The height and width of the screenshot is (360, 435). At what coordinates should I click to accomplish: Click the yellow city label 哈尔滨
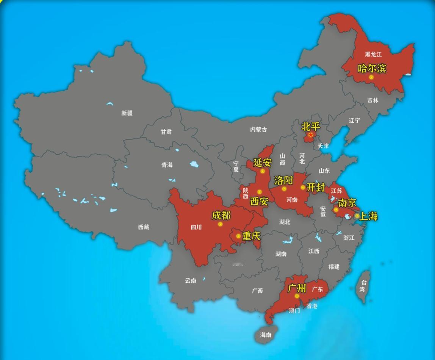click(x=372, y=68)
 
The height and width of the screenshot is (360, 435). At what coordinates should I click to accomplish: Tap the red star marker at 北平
click(x=311, y=135)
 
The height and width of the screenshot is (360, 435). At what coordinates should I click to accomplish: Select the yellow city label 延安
click(x=263, y=163)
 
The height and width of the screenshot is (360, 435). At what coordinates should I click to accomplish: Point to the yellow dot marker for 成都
click(x=220, y=224)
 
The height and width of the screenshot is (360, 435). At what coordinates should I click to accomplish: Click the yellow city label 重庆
click(x=251, y=236)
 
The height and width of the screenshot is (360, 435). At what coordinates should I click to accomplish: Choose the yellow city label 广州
click(x=297, y=288)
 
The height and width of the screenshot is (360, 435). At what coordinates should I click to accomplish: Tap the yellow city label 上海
click(x=368, y=216)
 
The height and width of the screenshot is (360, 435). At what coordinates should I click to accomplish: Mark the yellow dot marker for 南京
click(x=336, y=210)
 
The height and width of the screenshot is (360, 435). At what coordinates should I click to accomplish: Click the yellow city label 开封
click(x=315, y=187)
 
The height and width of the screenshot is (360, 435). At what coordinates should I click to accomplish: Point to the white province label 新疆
click(x=127, y=113)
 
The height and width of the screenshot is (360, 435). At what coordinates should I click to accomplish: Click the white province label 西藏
click(x=144, y=227)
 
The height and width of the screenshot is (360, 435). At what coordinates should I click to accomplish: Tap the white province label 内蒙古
click(x=258, y=130)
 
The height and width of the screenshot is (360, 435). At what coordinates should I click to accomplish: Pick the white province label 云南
click(x=191, y=281)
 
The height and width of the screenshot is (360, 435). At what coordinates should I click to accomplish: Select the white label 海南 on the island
click(x=266, y=335)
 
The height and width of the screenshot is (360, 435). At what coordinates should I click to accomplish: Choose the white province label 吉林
click(x=373, y=100)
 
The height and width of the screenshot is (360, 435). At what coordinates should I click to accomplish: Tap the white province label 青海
click(x=167, y=165)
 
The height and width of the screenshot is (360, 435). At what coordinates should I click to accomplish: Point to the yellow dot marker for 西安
click(x=260, y=192)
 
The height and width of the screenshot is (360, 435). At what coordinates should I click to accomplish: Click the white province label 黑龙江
click(x=373, y=55)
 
